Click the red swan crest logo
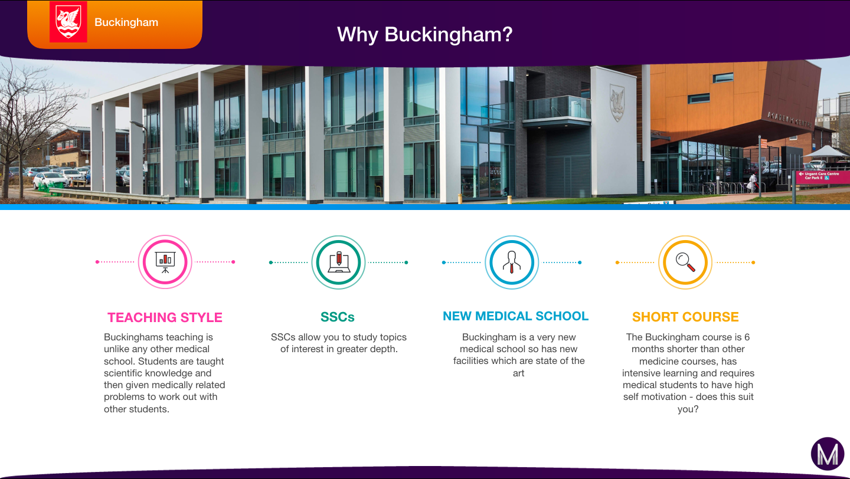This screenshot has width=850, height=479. [x=68, y=22]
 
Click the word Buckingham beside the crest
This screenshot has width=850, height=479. [x=126, y=22]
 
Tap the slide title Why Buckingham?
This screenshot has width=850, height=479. [x=424, y=35]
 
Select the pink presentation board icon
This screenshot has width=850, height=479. [x=165, y=262]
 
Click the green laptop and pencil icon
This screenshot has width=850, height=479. [x=338, y=263]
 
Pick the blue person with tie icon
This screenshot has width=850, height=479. [x=512, y=263]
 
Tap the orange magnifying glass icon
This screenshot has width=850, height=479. [x=685, y=263]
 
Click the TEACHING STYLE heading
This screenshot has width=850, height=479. [x=165, y=317]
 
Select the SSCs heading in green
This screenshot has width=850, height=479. [x=338, y=317]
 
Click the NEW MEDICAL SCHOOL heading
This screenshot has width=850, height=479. [x=516, y=316]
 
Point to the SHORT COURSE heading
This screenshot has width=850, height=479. [x=685, y=317]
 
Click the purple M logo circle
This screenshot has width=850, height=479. [x=828, y=454]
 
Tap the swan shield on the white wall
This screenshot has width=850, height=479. [x=617, y=103]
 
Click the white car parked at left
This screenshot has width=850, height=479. [x=51, y=180]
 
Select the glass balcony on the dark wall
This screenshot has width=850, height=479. [x=557, y=109]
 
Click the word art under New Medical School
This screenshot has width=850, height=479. [x=518, y=373]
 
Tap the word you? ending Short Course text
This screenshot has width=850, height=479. [x=688, y=409]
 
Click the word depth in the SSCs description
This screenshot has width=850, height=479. [x=382, y=349]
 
